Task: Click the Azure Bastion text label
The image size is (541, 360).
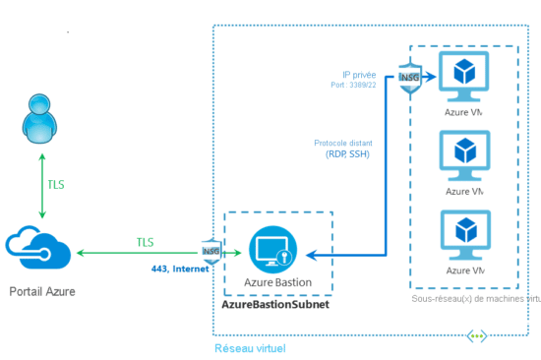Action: (x=279, y=282)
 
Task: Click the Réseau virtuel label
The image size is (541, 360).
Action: (x=250, y=348)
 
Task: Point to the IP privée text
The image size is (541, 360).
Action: (x=359, y=74)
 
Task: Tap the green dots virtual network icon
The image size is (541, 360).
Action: (x=477, y=335)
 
